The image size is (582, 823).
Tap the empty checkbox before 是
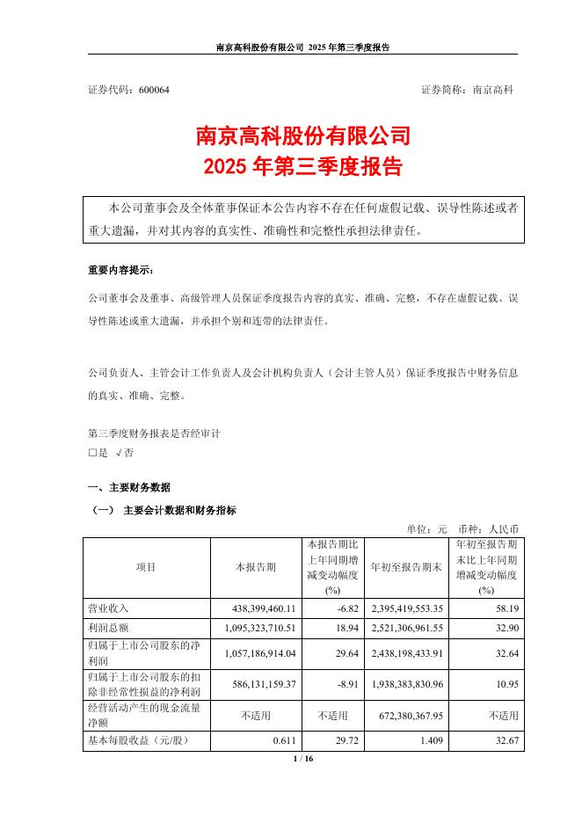click(91, 453)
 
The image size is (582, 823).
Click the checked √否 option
click(124, 453)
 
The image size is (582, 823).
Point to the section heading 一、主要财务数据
click(129, 488)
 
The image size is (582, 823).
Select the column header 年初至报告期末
click(405, 567)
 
